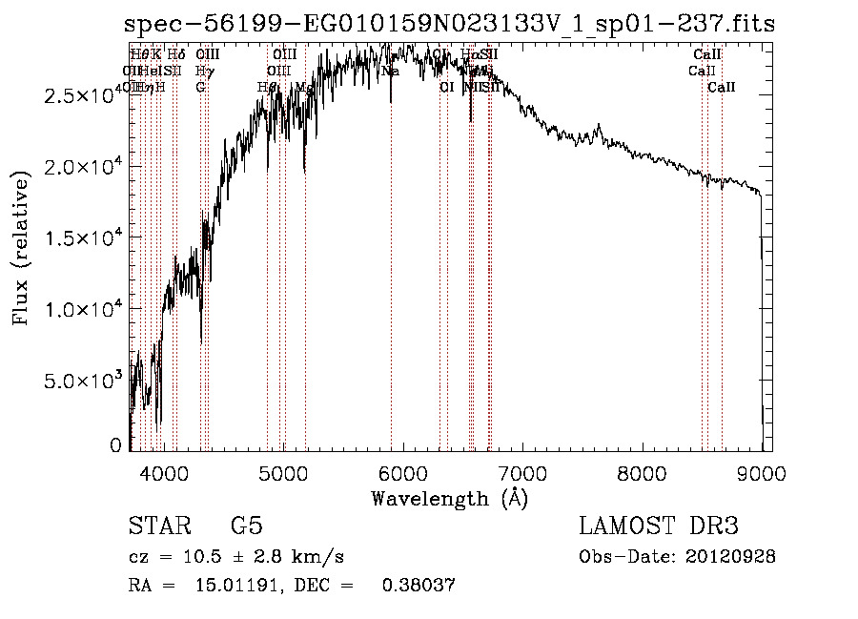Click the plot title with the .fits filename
[450, 24]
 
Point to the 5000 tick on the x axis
[283, 472]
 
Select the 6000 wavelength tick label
[403, 472]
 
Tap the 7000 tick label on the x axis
[522, 472]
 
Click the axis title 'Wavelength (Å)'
[450, 497]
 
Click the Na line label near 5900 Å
[390, 72]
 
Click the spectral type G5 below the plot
[246, 526]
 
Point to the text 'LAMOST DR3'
[658, 526]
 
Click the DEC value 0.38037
[419, 585]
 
